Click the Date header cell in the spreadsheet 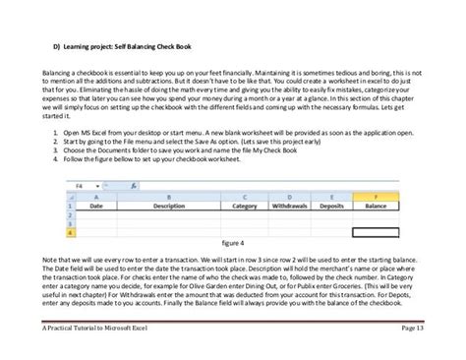click(x=96, y=208)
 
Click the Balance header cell click(x=375, y=208)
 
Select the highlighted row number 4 click(x=69, y=234)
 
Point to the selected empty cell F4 click(x=375, y=234)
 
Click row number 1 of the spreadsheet click(x=69, y=208)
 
